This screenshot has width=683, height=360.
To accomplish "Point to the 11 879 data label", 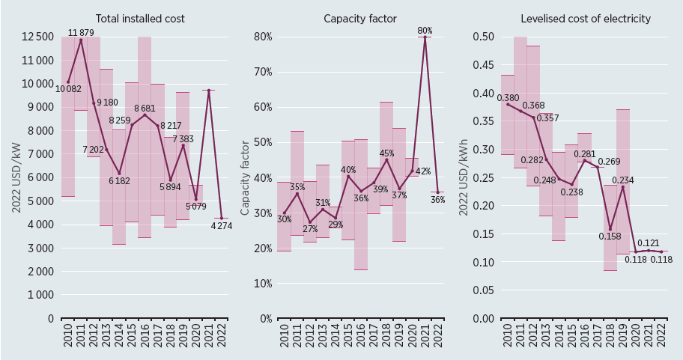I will pyautogui.click(x=82, y=33).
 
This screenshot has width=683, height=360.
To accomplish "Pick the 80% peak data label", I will pyautogui.click(x=425, y=31).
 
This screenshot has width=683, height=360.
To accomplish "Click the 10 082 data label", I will pyautogui.click(x=70, y=89).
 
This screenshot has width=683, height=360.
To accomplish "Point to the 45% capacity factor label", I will pyautogui.click(x=386, y=153).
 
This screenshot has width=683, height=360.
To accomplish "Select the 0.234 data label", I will pyautogui.click(x=623, y=180).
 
